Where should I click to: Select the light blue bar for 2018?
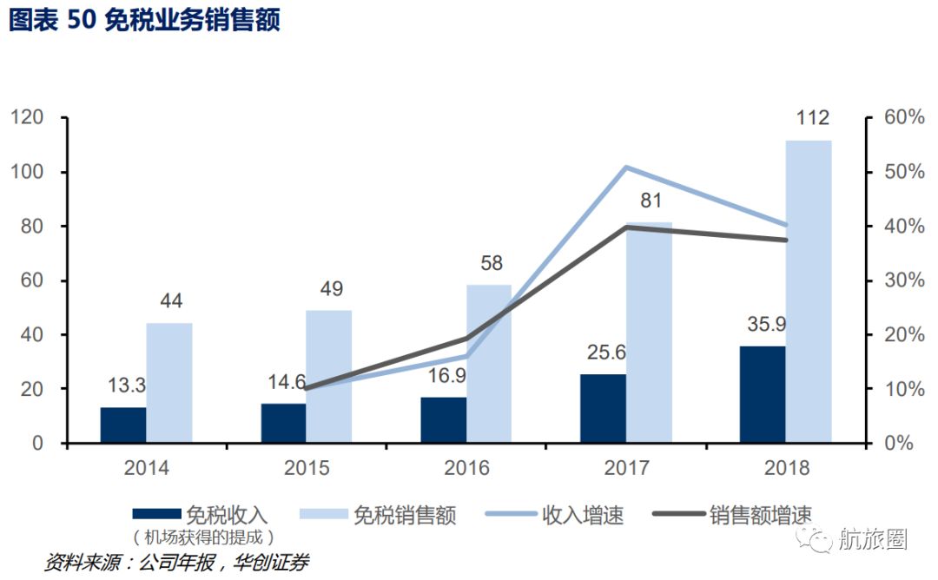808,291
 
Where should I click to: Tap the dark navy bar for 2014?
123,425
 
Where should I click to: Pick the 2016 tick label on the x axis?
466,468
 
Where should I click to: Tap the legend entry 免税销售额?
405,515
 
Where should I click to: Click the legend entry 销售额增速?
760,515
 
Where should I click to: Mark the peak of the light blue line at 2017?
626,167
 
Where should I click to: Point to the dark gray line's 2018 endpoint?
787,240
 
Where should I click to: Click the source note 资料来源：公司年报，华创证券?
177,563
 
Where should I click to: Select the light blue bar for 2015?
328,376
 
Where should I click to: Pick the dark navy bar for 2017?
603,408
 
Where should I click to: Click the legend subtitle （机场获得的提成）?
204,537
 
